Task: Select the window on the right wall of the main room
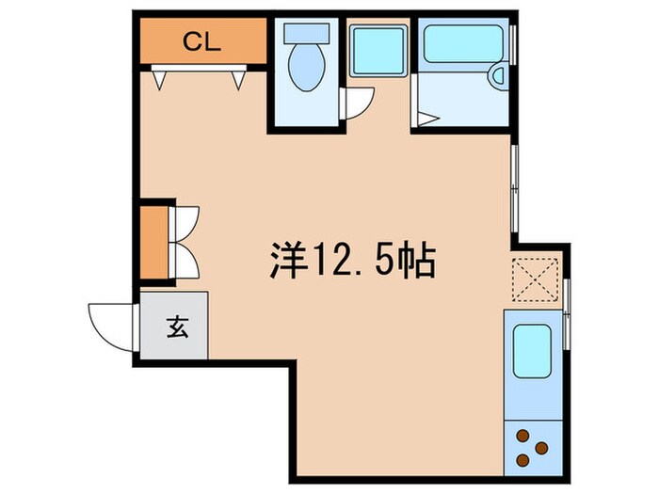513,188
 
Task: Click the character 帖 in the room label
416,260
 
